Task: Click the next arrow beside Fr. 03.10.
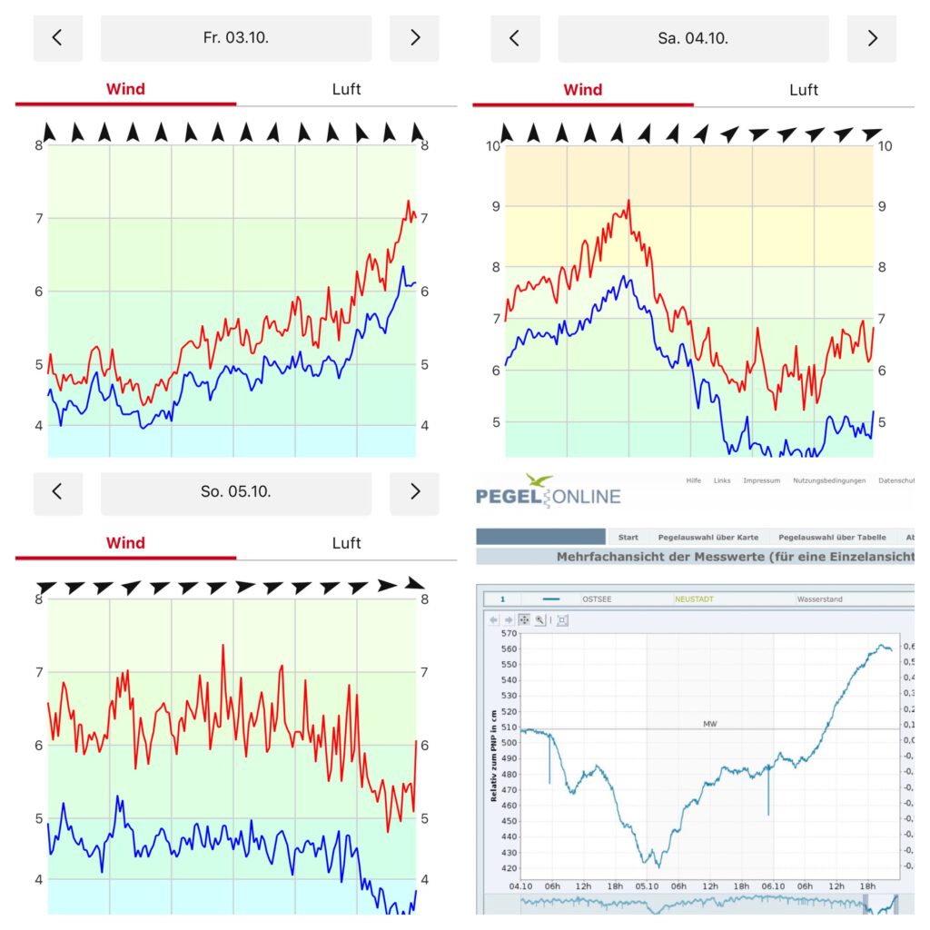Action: pyautogui.click(x=414, y=38)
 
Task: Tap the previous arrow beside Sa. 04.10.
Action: pyautogui.click(x=515, y=38)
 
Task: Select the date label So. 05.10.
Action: pyautogui.click(x=236, y=492)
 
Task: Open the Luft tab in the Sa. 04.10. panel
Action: pyautogui.click(x=803, y=90)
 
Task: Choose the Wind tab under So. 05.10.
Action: pyautogui.click(x=125, y=543)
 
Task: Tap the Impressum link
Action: pyautogui.click(x=761, y=480)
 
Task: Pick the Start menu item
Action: pyautogui.click(x=628, y=537)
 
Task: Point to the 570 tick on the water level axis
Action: pyautogui.click(x=509, y=633)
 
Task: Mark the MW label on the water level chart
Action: pyautogui.click(x=709, y=724)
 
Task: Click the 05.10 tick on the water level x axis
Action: pyautogui.click(x=647, y=886)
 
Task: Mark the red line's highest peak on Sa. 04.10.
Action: pyautogui.click(x=628, y=202)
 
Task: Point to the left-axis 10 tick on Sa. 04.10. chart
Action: pyautogui.click(x=494, y=146)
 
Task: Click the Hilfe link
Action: pyautogui.click(x=694, y=480)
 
